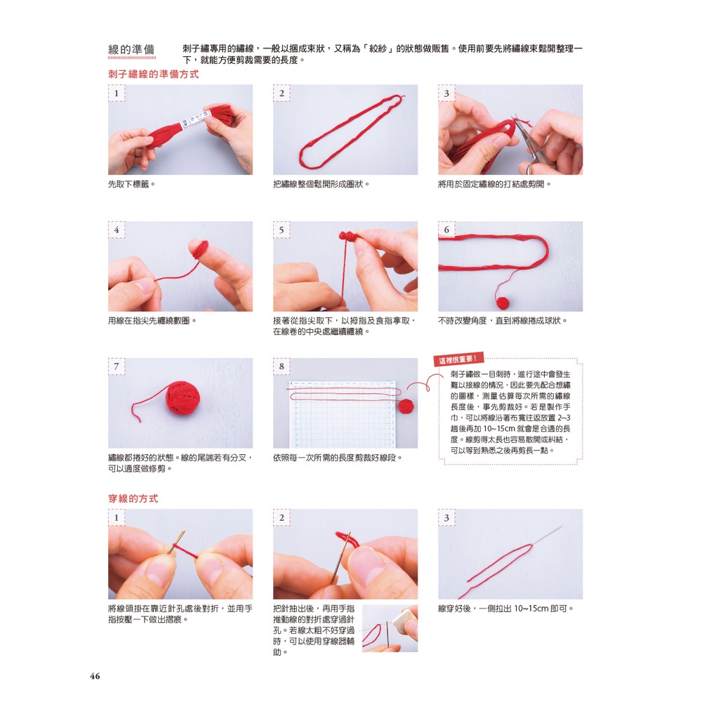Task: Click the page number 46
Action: pyautogui.click(x=95, y=676)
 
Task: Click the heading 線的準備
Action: pyautogui.click(x=132, y=49)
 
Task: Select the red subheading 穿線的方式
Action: pyautogui.click(x=133, y=498)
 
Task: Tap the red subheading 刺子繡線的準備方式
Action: pyautogui.click(x=154, y=74)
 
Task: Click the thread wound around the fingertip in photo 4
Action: pyautogui.click(x=200, y=249)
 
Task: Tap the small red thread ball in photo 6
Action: pyautogui.click(x=503, y=303)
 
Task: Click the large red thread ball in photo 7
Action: pyautogui.click(x=183, y=397)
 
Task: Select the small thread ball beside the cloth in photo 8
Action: pyautogui.click(x=406, y=406)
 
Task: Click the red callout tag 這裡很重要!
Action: pyautogui.click(x=458, y=359)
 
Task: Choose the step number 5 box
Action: pyautogui.click(x=282, y=230)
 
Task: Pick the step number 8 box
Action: pyautogui.click(x=282, y=366)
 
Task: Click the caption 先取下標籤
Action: pyautogui.click(x=132, y=184)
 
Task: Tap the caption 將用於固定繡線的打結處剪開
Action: pyautogui.click(x=494, y=184)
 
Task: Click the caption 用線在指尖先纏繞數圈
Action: pyautogui.click(x=152, y=321)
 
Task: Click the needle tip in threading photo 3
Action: pyautogui.click(x=561, y=527)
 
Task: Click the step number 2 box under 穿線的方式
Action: pyautogui.click(x=282, y=517)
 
